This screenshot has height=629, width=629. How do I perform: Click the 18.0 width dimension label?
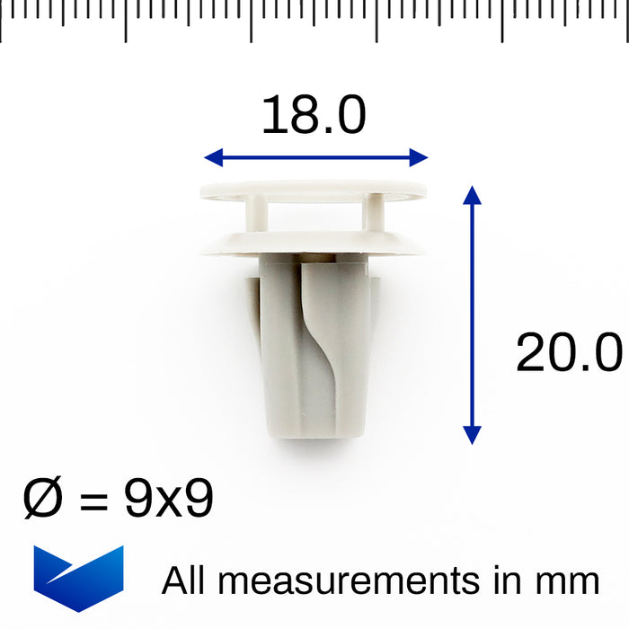tap(314, 116)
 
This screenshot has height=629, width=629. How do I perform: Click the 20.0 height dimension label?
tap(568, 352)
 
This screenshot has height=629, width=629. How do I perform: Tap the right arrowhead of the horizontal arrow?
tap(418, 158)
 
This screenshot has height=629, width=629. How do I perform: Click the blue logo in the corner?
tap(78, 576)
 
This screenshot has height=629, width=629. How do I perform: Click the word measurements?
tap(349, 581)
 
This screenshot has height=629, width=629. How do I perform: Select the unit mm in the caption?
tap(571, 581)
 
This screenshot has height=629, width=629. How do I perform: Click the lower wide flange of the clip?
tap(313, 242)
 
